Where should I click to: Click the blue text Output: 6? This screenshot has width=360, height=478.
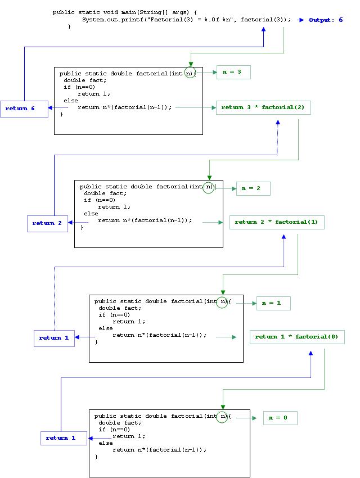click(326, 20)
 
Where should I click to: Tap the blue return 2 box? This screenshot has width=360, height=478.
click(51, 223)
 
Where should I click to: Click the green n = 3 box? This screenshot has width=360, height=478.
click(233, 72)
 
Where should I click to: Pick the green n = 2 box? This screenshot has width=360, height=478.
click(253, 188)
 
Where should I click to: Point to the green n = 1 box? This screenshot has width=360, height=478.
click(273, 303)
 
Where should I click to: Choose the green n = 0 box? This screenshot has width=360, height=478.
click(280, 418)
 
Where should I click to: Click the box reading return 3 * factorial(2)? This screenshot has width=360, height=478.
click(263, 107)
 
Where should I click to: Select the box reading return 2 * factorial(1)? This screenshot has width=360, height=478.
click(276, 222)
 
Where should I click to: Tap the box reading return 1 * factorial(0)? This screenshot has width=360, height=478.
click(296, 337)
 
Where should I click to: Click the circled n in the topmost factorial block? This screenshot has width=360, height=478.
click(190, 73)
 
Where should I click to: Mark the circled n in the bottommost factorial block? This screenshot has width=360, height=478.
click(223, 416)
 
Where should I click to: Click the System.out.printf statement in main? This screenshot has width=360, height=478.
click(186, 20)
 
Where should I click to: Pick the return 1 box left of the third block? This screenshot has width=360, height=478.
click(55, 338)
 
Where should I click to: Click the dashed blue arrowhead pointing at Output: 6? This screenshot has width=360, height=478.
click(301, 20)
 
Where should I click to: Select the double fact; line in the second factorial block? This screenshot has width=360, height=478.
click(105, 193)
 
